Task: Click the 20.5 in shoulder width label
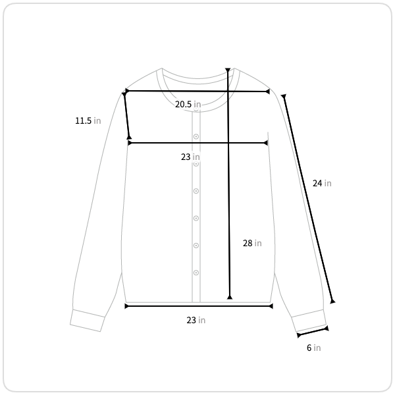tap(188, 104)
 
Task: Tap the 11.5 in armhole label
tap(88, 120)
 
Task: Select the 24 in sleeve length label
tap(322, 183)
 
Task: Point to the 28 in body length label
tap(252, 243)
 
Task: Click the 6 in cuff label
tap(313, 348)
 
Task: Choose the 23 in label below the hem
tap(196, 320)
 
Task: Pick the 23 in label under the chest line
tap(190, 157)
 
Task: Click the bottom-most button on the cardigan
tap(196, 273)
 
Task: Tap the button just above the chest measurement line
tap(196, 136)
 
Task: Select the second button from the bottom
tap(196, 246)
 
